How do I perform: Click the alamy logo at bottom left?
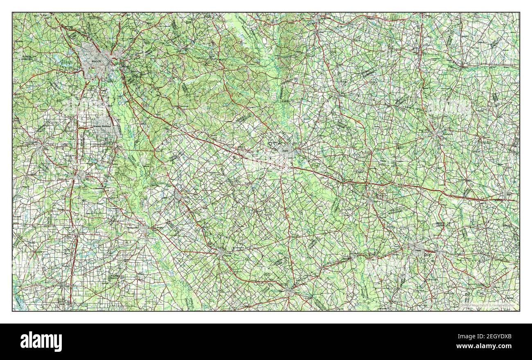(x=41, y=341)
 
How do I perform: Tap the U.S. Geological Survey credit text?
(x=487, y=305)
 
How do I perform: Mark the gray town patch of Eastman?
(x=221, y=253)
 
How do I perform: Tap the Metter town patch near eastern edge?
(x=507, y=192)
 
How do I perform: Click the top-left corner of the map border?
(x=12, y=12)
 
